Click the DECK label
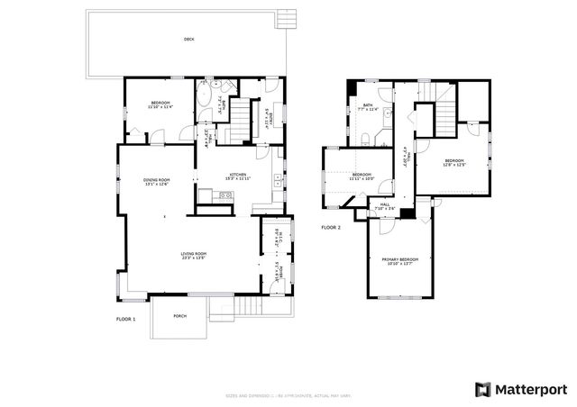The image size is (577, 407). (188, 40)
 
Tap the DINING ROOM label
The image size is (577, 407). (157, 182)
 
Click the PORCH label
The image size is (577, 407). (179, 316)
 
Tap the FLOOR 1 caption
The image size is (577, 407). (125, 320)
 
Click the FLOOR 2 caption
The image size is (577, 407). (331, 228)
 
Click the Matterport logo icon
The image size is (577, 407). (483, 388)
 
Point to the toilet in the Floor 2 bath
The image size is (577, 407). (370, 138)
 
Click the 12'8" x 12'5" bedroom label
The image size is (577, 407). (453, 163)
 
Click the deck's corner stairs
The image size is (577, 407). (286, 19)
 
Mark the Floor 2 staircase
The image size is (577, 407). (446, 115)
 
